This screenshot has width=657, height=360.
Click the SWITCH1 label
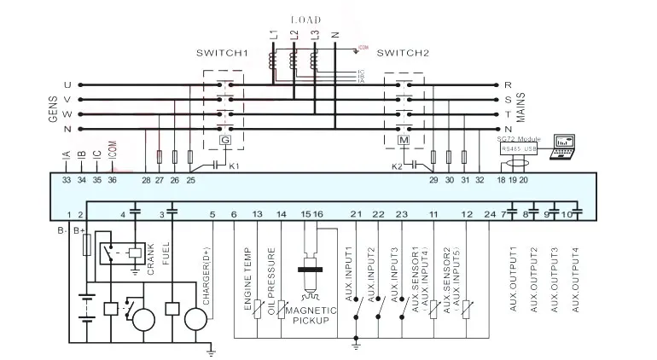(222, 53)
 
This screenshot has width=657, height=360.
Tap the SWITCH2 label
(402, 53)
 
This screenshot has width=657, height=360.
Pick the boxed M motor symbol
(404, 140)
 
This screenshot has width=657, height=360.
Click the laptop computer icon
(565, 145)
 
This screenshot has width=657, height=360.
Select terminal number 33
(67, 180)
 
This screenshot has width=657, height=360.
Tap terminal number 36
(112, 180)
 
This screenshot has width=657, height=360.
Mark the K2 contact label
(396, 165)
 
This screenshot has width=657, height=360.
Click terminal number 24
(489, 213)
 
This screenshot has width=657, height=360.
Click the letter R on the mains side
(508, 85)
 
